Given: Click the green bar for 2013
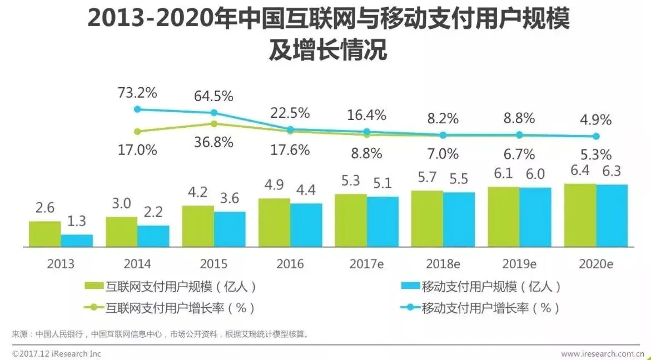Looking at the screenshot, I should [45, 233].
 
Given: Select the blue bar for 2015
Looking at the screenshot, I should [230, 229].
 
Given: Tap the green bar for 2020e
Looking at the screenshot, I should [580, 214].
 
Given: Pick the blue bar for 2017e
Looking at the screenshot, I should [382, 221].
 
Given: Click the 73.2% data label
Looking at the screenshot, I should [137, 92].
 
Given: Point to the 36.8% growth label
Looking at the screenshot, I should [213, 142].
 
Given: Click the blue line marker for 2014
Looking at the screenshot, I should [137, 109].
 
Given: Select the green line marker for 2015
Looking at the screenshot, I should [214, 124].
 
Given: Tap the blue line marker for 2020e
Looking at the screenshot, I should [596, 136].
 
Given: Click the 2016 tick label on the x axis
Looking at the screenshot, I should [290, 264].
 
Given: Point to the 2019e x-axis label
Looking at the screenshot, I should [519, 264].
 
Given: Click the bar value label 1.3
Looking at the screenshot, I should [77, 221].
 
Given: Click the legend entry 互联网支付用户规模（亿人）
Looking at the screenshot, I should [172, 287].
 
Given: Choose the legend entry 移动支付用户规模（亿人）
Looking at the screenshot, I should [481, 287].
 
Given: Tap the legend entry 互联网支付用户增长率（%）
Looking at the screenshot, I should [172, 307].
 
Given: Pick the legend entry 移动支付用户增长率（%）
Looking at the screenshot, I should [481, 307].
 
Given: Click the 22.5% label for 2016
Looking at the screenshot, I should [290, 113].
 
